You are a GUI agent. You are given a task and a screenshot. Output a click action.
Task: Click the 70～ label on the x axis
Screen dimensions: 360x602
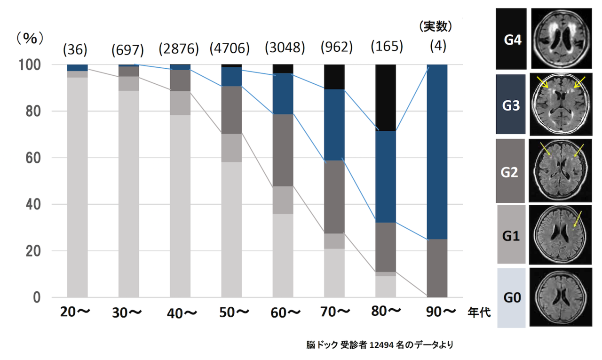click(334, 312)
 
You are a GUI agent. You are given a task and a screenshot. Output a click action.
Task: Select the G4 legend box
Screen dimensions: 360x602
click(512, 40)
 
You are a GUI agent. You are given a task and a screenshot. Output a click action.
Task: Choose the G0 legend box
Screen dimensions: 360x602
click(512, 297)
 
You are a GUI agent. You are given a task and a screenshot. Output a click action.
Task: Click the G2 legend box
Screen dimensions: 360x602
click(511, 171)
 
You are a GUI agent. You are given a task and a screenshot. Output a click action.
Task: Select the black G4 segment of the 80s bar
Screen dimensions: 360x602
click(386, 97)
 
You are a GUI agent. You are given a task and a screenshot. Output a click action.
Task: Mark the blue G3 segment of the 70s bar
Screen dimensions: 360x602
click(334, 125)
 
